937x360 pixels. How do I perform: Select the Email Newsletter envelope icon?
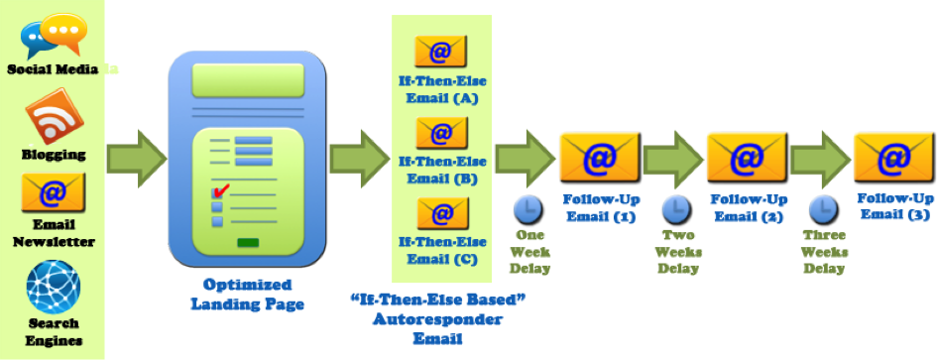[54, 190]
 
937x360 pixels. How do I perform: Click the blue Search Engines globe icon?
[54, 287]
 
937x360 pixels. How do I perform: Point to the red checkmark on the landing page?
[221, 189]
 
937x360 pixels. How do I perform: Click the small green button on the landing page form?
[248, 242]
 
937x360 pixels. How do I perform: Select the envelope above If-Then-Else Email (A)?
[441, 51]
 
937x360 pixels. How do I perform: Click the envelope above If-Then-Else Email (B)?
[441, 132]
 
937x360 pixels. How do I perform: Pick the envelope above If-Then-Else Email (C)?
[441, 213]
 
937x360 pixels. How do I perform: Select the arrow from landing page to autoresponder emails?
[359, 157]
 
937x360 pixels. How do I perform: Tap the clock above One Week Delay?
[526, 209]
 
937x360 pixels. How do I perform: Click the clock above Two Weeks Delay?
[674, 208]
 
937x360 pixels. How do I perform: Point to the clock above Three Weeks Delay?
[821, 208]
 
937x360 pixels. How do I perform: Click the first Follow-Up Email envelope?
[598, 157]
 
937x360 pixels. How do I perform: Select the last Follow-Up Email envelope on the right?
[892, 157]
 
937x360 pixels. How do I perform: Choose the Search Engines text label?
[54, 332]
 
